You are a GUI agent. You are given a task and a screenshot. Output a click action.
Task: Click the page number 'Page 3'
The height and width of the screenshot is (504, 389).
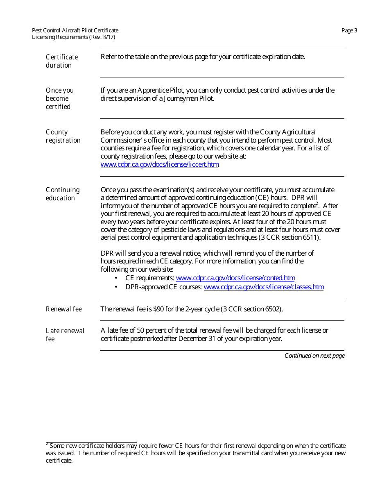coord(349,30)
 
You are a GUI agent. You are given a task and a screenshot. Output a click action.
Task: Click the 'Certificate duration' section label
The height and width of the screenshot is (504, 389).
coord(61,61)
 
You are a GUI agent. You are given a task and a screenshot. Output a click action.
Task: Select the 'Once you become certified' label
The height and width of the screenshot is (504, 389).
coord(59,98)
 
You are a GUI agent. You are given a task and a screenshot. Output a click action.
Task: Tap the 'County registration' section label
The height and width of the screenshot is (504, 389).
coord(63,136)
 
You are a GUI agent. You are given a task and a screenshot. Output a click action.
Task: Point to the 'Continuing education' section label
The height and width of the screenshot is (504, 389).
coord(62,194)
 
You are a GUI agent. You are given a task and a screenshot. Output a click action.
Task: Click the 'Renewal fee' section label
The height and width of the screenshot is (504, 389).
coord(63,309)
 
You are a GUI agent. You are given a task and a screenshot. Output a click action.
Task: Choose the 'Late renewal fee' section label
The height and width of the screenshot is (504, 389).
coord(65,335)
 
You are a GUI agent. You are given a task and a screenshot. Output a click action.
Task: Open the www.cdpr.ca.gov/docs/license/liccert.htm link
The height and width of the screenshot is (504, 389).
coord(160,165)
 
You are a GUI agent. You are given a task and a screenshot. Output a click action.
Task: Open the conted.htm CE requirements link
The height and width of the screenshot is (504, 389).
coord(235,278)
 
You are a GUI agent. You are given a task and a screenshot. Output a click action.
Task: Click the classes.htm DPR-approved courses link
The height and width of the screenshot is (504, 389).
coord(264,287)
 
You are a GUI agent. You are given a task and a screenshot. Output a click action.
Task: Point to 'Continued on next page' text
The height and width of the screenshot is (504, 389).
coord(314,356)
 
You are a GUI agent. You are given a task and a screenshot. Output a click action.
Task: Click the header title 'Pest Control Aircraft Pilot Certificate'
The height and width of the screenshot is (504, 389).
coord(75,30)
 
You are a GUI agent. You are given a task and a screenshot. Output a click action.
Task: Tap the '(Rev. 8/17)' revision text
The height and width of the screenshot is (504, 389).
coord(102,37)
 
